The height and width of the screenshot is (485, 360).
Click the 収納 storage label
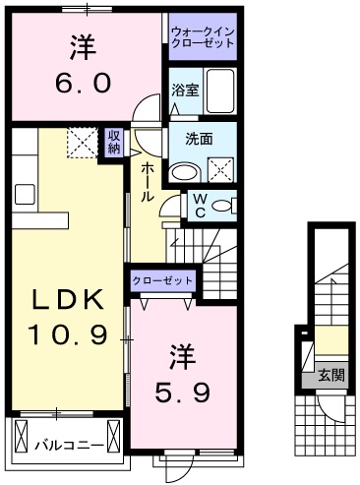tap(114, 143)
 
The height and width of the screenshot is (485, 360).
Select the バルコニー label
tap(68, 443)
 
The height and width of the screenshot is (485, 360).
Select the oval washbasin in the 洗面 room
tap(183, 173)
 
